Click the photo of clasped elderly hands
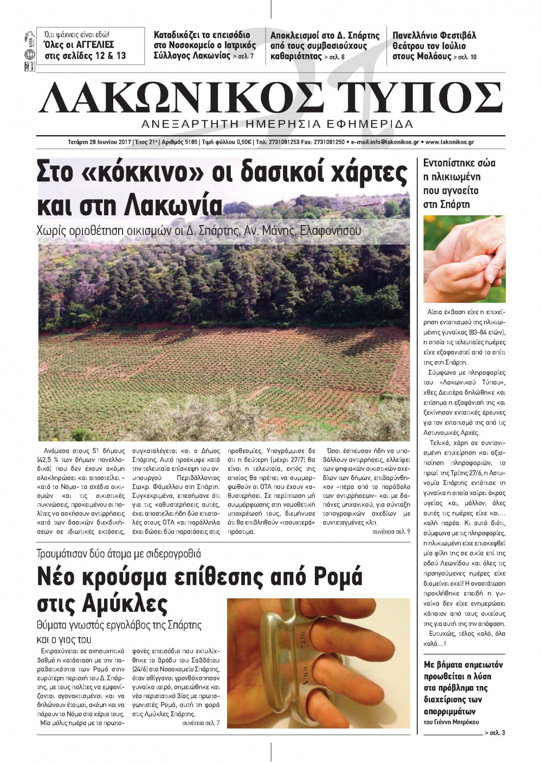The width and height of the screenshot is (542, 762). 464,259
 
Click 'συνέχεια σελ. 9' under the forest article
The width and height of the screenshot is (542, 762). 391,532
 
